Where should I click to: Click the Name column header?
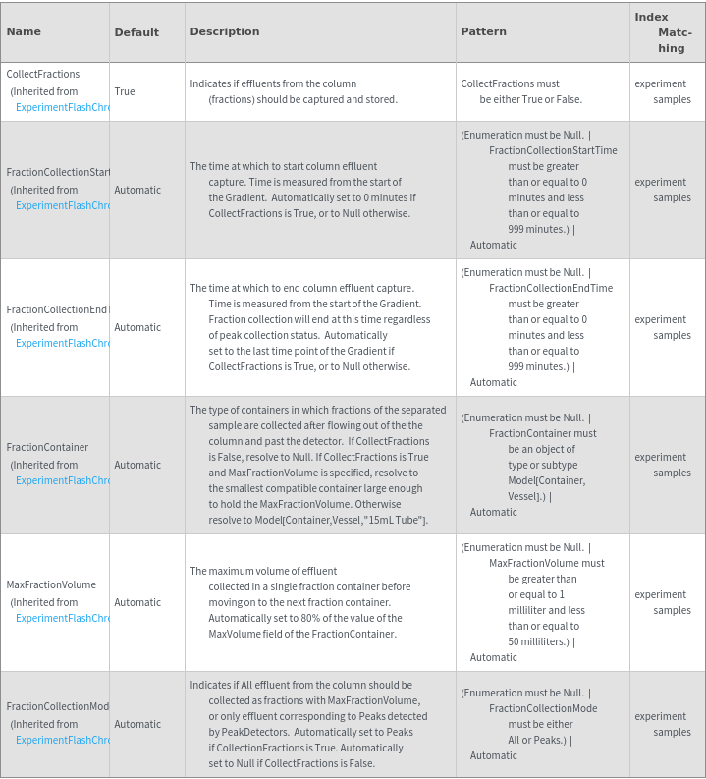pos(24,31)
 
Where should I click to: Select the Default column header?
pos(136,32)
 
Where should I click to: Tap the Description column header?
pos(225,31)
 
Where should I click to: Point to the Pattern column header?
pos(484,31)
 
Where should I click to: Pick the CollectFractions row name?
pos(43,74)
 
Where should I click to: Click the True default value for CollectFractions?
pos(125,91)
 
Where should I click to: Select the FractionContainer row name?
pos(47,447)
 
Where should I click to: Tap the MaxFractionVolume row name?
pos(51,584)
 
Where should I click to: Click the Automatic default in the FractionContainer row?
pos(137,465)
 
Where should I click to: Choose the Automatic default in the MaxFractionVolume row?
pos(137,602)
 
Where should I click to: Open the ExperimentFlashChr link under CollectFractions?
pos(62,107)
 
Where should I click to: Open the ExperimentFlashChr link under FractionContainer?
pos(62,480)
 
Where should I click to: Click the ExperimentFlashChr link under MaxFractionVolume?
pos(62,618)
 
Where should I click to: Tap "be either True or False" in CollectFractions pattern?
pos(530,99)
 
